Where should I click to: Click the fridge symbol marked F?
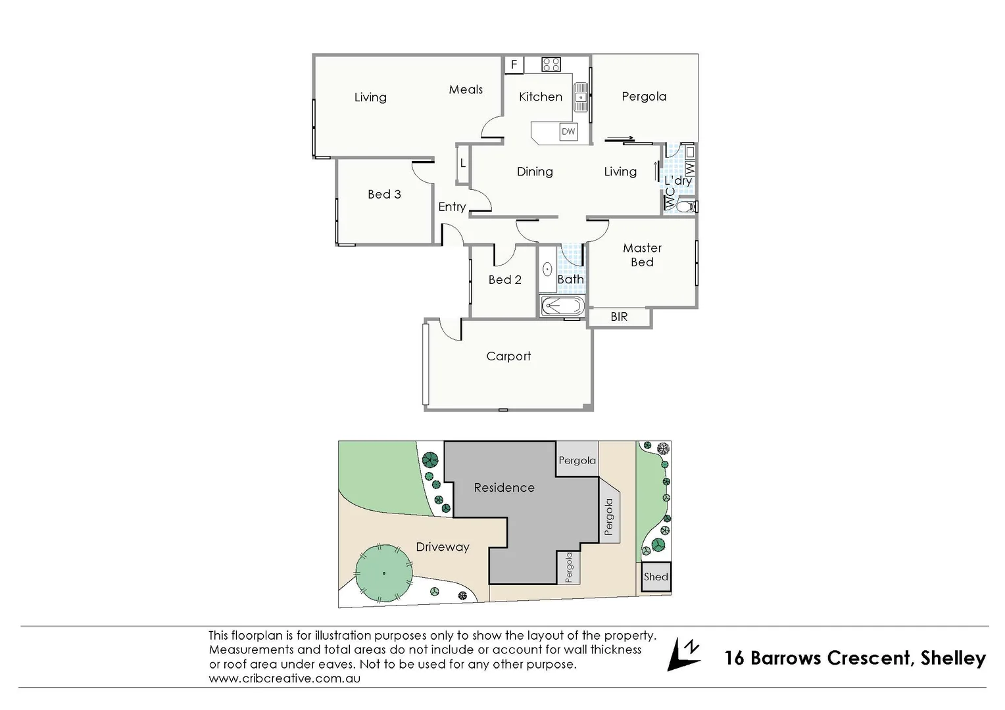514,64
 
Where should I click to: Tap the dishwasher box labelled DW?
568,131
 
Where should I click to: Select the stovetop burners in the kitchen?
551,64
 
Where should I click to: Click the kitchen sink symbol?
581,98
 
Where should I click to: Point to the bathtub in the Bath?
561,307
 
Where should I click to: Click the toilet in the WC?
686,206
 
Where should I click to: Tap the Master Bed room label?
642,255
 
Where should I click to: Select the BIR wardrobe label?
619,317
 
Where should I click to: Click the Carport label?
508,356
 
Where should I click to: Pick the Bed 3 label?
384,195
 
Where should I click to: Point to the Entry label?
452,207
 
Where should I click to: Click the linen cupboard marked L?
463,163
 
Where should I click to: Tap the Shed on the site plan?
656,577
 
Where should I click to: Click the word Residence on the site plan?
504,488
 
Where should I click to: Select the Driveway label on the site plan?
442,547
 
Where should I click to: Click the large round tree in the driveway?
383,573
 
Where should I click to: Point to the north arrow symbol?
683,655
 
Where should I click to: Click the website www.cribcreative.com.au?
284,678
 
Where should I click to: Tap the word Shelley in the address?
953,658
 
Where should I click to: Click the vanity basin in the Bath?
547,270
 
